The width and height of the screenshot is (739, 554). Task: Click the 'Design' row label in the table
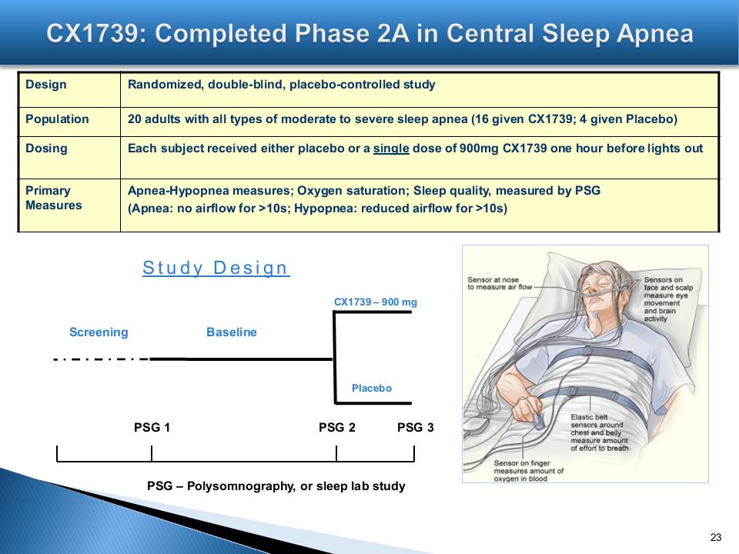[45, 85]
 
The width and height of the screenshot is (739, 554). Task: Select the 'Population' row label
[57, 119]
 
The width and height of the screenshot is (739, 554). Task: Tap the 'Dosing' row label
[46, 149]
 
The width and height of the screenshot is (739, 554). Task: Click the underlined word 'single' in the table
[391, 149]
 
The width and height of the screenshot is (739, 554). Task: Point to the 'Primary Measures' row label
[53, 198]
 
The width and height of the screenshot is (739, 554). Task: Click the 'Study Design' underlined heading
[216, 268]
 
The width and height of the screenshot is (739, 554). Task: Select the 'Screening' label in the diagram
[99, 332]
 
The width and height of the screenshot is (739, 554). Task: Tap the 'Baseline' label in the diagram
[232, 332]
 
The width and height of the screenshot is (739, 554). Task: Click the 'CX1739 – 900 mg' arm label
[375, 302]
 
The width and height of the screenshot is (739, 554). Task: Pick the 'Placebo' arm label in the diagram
[371, 388]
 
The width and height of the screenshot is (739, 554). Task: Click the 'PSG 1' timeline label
[152, 427]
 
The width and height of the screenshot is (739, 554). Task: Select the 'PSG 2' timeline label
[336, 427]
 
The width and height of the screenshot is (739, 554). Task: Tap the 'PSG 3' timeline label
[415, 427]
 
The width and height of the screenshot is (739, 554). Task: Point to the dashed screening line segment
[102, 359]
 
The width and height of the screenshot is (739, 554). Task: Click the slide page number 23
[716, 537]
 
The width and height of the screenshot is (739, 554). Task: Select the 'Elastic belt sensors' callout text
[599, 432]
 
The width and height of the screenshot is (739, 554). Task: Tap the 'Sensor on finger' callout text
[528, 471]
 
